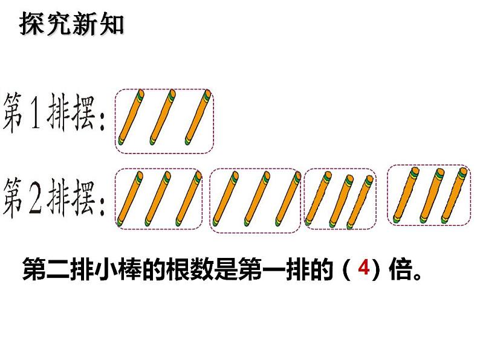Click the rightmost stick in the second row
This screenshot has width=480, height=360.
click(456, 193)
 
